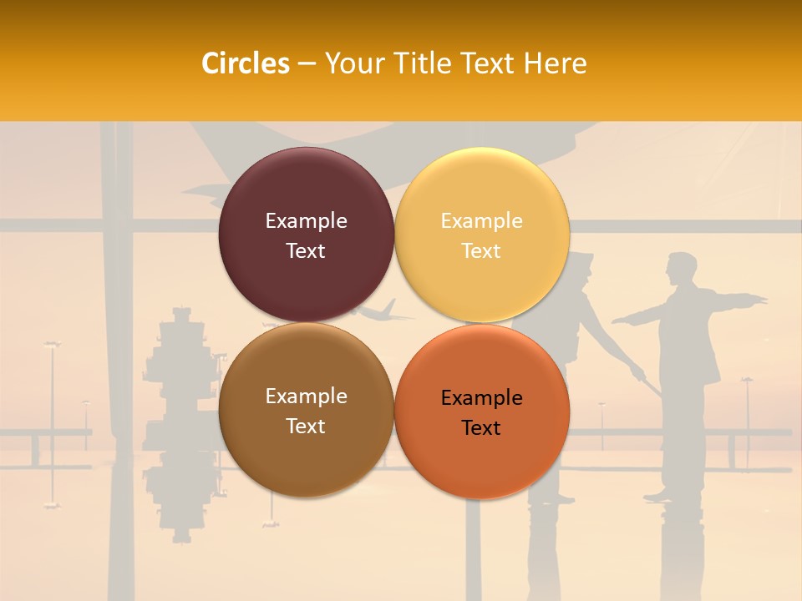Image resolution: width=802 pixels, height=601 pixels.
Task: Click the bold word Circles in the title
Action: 246,63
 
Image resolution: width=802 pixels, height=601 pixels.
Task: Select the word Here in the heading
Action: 555,63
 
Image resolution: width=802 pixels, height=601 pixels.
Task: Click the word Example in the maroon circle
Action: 306,220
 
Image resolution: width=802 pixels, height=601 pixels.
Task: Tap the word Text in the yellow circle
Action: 481,250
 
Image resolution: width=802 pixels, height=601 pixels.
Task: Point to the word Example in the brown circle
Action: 306,396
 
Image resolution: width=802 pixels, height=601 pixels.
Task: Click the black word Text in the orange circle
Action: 481,427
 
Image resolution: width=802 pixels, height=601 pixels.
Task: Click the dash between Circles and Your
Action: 307,64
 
